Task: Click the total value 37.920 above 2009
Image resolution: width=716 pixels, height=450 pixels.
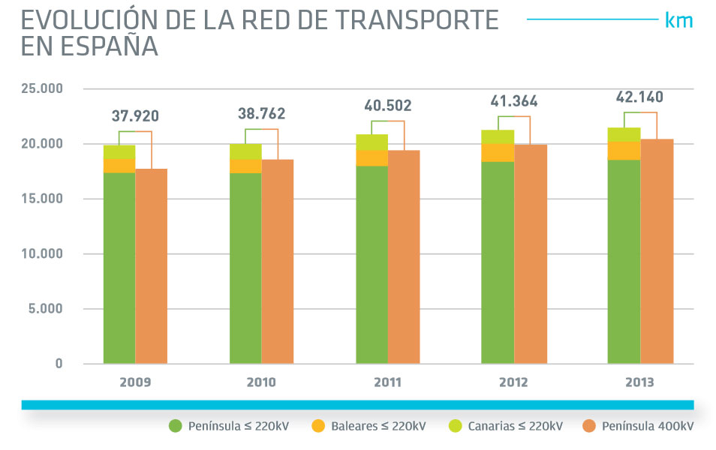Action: pos(135,116)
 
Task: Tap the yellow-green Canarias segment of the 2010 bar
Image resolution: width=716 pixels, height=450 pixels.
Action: pos(245,151)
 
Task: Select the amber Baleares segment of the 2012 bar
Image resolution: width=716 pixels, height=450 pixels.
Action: pos(498,152)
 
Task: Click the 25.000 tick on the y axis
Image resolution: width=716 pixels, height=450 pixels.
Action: pos(41,89)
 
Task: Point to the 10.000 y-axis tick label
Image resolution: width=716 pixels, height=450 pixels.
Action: pos(41,254)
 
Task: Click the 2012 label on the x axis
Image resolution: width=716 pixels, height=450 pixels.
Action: pos(513,382)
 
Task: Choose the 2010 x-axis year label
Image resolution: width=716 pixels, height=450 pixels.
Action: pos(261,382)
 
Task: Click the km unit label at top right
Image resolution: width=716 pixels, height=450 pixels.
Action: pos(678,20)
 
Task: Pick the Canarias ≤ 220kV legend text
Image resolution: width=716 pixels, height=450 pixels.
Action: pos(515,426)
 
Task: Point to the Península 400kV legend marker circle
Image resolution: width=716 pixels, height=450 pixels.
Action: pos(589,426)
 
